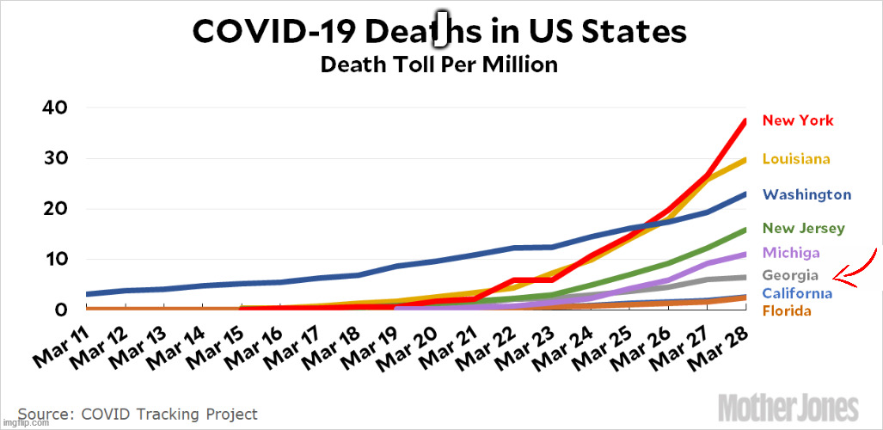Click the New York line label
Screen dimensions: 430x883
click(798, 120)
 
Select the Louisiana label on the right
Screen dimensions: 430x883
click(795, 159)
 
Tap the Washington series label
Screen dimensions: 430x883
click(806, 195)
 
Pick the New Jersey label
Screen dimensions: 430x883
click(803, 229)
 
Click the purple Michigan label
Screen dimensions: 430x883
click(790, 253)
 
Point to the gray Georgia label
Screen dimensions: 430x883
click(790, 276)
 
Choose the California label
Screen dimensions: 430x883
click(796, 294)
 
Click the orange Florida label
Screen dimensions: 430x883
click(787, 310)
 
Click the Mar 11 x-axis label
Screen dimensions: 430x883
click(61, 343)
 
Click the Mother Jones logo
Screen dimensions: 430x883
click(788, 407)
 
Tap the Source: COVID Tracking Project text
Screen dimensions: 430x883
click(138, 414)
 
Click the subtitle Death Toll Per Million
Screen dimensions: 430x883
click(438, 64)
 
